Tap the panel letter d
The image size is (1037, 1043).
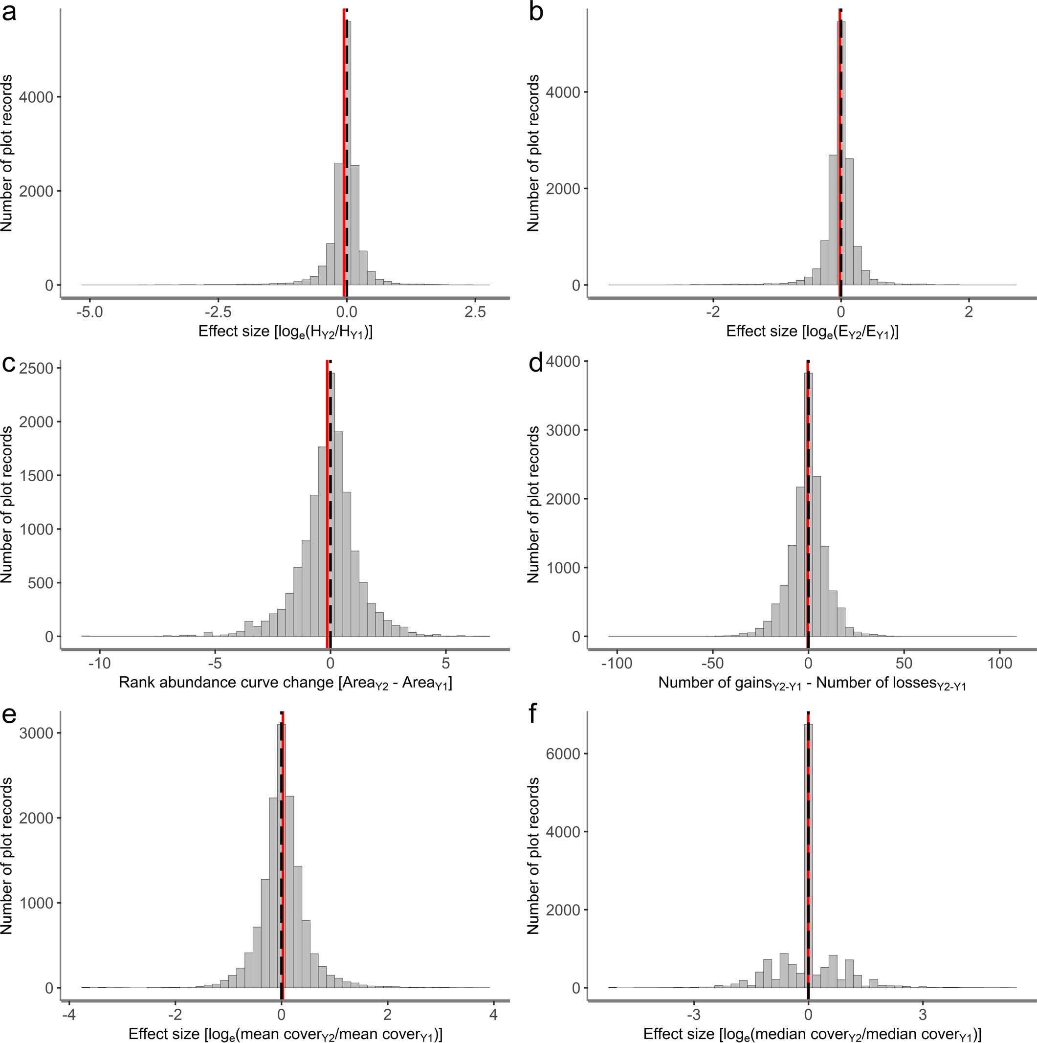[x=535, y=364]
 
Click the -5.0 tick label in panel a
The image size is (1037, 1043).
[x=89, y=312]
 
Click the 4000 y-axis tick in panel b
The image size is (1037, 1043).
[x=563, y=92]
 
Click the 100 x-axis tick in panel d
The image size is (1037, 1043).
[x=1000, y=663]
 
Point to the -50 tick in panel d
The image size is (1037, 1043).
[x=712, y=663]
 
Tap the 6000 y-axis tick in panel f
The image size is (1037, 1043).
[x=563, y=754]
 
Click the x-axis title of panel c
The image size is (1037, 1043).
[x=285, y=684]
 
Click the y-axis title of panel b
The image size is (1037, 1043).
[x=533, y=154]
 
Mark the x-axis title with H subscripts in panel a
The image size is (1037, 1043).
[x=285, y=332]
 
